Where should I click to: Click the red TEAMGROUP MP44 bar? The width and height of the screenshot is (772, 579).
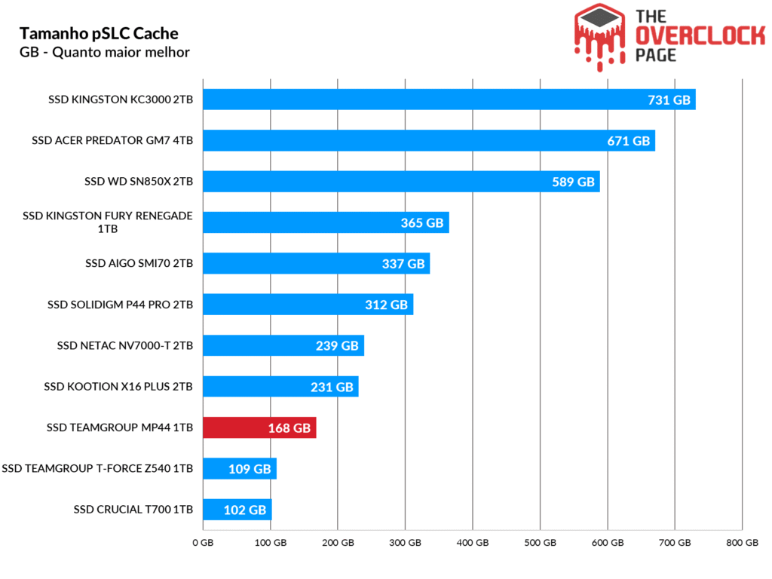(x=259, y=427)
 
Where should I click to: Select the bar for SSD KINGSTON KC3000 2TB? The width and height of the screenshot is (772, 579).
(x=449, y=100)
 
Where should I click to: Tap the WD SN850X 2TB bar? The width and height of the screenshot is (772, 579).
(x=401, y=181)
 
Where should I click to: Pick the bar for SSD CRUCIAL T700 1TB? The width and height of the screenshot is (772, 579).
(x=237, y=510)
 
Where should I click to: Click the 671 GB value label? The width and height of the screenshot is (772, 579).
(x=628, y=141)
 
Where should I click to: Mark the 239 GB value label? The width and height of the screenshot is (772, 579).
(x=337, y=346)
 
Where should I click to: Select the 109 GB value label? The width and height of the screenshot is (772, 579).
(x=250, y=469)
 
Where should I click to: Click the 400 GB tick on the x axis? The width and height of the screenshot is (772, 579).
(x=472, y=543)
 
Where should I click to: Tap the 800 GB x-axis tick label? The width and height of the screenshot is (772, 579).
(x=742, y=543)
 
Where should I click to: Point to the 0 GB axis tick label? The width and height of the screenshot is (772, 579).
(x=203, y=543)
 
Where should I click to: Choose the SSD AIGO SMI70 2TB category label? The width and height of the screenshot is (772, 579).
(x=139, y=264)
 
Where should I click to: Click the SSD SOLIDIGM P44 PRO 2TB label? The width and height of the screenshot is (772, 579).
(x=120, y=305)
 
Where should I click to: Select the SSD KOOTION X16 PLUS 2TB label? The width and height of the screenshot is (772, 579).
(x=118, y=387)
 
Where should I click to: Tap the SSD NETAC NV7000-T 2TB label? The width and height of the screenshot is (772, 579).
(x=125, y=346)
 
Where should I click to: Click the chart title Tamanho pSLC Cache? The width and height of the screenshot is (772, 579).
(x=99, y=34)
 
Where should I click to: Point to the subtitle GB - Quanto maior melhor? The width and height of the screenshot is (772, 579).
(x=104, y=52)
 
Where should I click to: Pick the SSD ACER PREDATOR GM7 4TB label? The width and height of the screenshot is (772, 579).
(x=112, y=140)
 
